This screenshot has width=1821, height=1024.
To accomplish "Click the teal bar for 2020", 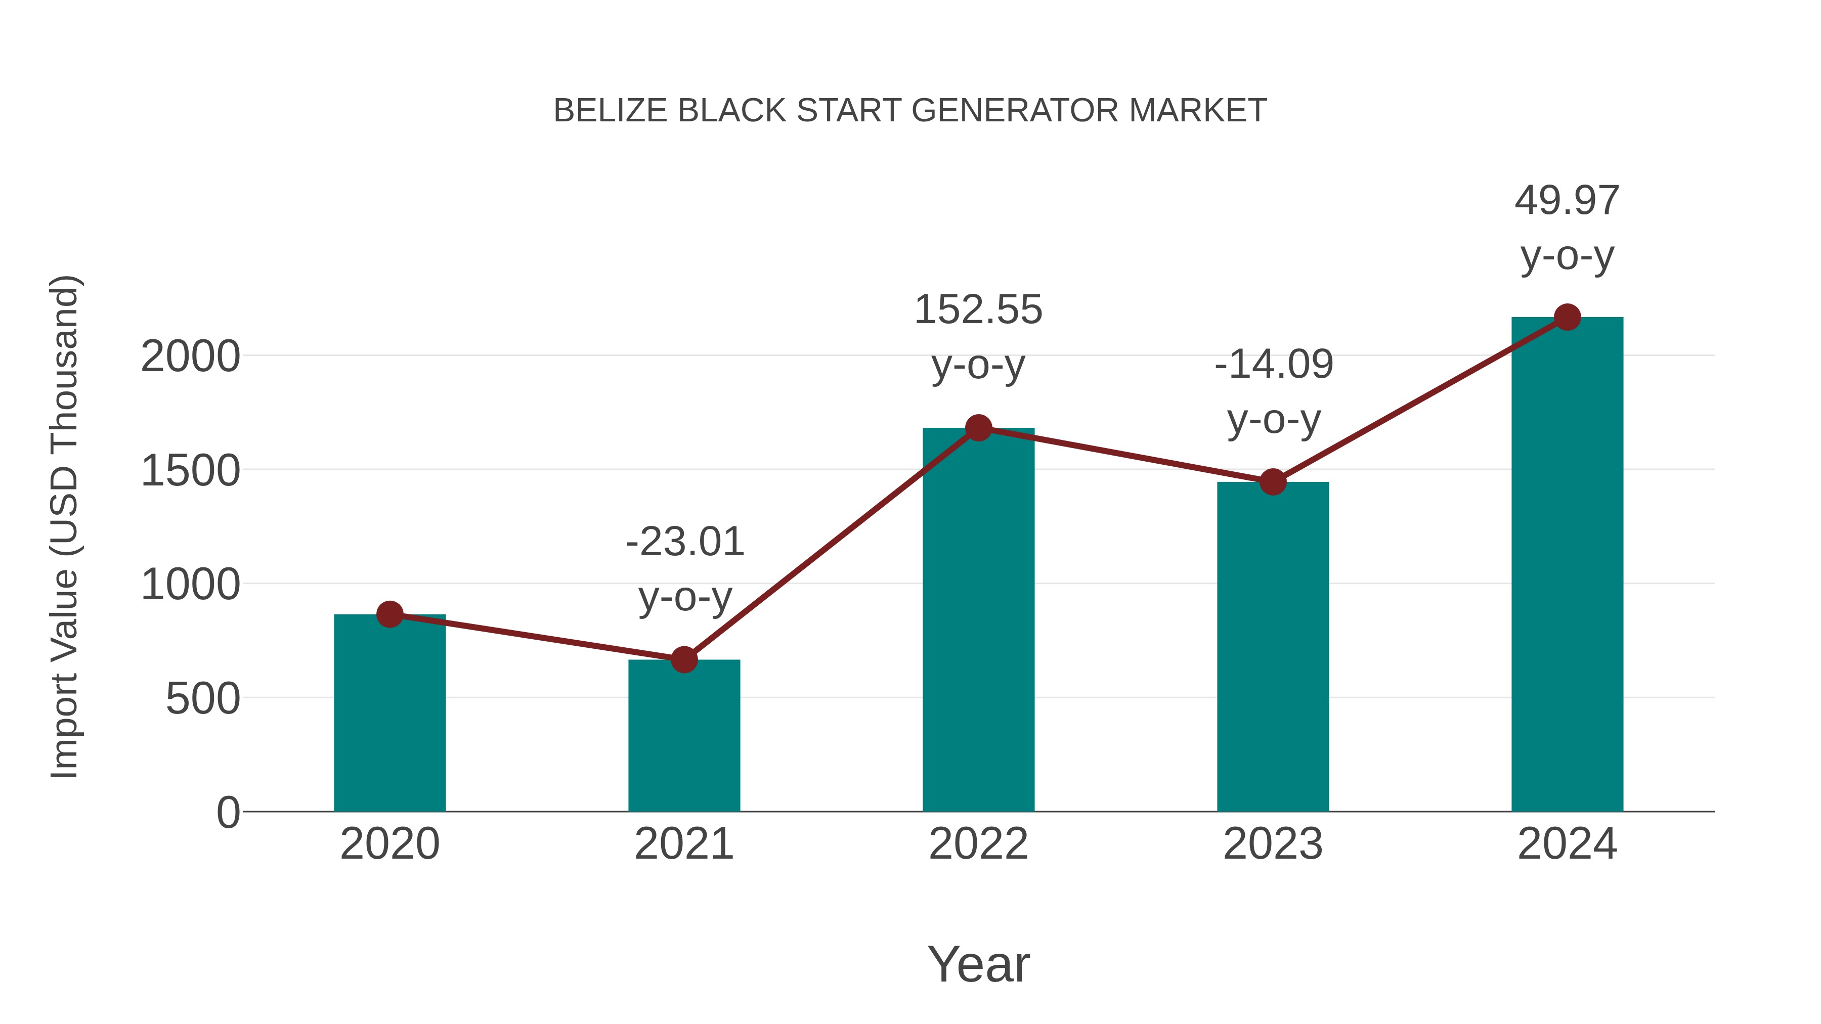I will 389,714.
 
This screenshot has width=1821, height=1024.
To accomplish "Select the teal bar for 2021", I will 683,736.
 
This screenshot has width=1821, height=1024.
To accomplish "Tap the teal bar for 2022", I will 978,620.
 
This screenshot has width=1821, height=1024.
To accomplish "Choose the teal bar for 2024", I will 1567,565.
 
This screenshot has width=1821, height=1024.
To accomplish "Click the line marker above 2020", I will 389,614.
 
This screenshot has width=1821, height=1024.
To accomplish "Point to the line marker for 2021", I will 683,659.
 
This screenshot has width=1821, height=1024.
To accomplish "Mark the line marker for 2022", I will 978,427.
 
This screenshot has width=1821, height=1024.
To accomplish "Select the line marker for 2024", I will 1567,317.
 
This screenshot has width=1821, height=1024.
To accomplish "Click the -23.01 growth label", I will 685,543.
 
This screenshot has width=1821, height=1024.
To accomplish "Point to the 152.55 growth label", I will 978,310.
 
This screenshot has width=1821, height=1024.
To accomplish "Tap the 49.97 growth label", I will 1567,201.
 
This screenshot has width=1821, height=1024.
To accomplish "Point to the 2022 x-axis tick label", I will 978,844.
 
